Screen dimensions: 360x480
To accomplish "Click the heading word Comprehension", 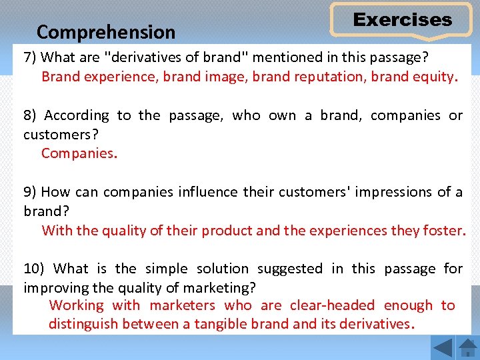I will (x=106, y=32).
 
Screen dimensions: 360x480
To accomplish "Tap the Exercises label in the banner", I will (x=402, y=20).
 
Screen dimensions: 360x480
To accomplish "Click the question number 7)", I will (x=30, y=57).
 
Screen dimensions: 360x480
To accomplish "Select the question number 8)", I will (x=31, y=115).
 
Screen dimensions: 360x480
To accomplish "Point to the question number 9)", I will (x=30, y=192).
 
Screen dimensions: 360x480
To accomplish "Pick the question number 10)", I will (x=33, y=269).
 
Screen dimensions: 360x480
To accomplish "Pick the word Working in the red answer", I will (x=77, y=305).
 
